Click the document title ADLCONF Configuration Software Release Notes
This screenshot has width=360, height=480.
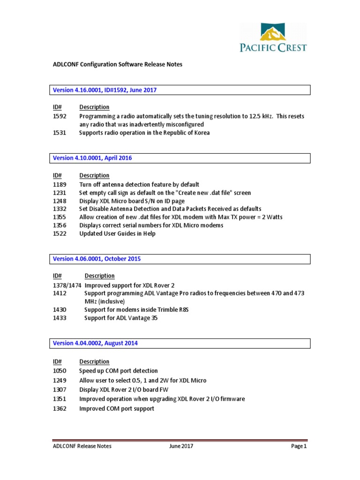tap(117, 64)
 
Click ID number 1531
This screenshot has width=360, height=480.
tap(60, 133)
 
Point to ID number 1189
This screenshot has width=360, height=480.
tap(60, 185)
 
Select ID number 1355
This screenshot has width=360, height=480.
tap(60, 217)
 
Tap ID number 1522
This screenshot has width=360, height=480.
tap(60, 233)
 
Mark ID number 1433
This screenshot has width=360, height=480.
tap(60, 318)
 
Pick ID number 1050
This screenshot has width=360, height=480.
tap(60, 371)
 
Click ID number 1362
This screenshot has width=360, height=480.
tap(60, 409)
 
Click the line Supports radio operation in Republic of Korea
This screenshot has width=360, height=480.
tap(144, 133)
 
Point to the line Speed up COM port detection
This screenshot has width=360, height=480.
tap(119, 371)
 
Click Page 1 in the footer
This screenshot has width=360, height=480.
tap(299, 446)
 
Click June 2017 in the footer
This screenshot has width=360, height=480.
tap(181, 446)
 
